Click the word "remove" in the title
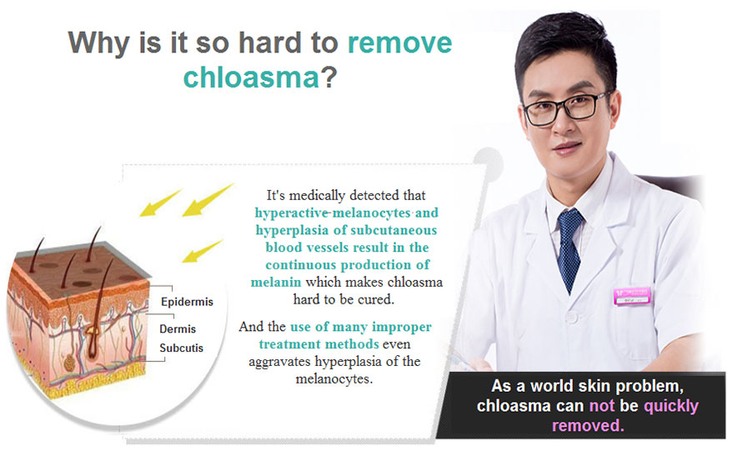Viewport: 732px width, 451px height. click(399, 43)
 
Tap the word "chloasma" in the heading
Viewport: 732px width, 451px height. click(251, 77)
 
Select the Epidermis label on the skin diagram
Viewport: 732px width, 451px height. click(187, 302)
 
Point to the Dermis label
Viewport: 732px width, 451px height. click(178, 328)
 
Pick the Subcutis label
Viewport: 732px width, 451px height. click(181, 348)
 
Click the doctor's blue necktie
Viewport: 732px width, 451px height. click(569, 250)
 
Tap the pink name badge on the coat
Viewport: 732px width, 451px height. click(632, 296)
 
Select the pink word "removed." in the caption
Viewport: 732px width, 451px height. click(588, 425)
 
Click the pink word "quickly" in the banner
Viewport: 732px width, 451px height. click(671, 406)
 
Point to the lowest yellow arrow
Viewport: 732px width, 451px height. click(202, 251)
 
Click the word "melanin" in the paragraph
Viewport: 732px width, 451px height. click(275, 282)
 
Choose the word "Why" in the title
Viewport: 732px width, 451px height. click(98, 44)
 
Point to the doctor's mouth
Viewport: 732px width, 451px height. click(567, 148)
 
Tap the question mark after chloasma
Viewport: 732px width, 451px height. click(329, 77)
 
